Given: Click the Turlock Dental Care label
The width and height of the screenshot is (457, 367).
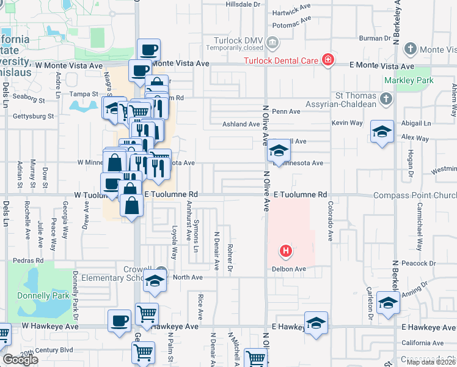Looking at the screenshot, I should point(281,59).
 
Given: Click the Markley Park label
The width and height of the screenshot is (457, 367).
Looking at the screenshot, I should point(409,81).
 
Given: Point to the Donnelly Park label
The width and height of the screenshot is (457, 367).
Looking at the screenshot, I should point(34,295).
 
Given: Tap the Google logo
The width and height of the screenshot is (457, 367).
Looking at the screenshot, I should point(20,360).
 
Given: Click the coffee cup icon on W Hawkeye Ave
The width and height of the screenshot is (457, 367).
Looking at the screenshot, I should point(119,321).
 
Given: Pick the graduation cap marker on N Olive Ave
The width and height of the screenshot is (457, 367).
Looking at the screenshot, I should point(278,150).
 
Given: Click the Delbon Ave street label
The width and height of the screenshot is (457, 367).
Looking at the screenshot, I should point(290,269).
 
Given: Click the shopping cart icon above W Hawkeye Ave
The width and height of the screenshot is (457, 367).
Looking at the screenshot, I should point(147,314).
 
